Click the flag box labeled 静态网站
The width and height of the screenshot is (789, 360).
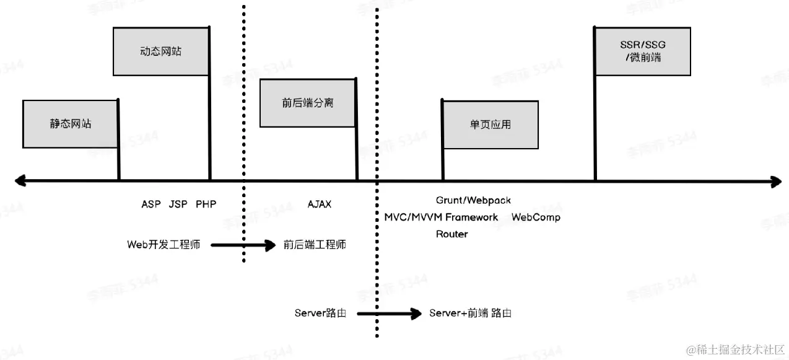[x=70, y=123]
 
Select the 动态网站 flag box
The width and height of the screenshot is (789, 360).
[x=161, y=51]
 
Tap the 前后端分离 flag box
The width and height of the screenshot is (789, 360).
[x=307, y=103]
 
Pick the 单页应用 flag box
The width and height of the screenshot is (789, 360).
[x=490, y=124]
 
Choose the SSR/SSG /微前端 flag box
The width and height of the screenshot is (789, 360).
[x=642, y=51]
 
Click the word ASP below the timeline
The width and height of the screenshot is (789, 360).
[x=151, y=204]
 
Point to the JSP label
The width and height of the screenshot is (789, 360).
[x=178, y=204]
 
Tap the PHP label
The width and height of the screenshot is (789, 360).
[x=206, y=204]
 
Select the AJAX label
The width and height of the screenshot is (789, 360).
[x=320, y=204]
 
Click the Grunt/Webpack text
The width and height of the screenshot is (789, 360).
[x=473, y=200]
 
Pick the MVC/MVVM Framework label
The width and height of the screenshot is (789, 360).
[x=441, y=217]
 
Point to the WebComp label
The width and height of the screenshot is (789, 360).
[x=536, y=217]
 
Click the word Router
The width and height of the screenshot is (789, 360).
[x=452, y=234]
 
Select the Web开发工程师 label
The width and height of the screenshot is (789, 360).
[x=163, y=245]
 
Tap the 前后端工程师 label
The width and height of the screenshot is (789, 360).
[x=315, y=245]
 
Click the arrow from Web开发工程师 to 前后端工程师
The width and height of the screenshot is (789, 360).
[x=243, y=245]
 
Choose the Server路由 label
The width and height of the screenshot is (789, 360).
[x=320, y=313]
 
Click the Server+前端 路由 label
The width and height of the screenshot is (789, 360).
[x=471, y=313]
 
